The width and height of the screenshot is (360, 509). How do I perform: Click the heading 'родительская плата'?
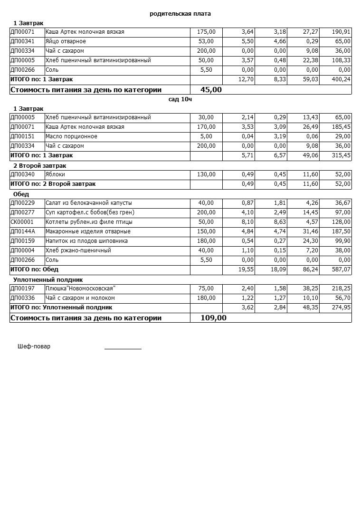coord(180,14)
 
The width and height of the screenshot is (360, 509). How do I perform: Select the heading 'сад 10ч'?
coord(180,99)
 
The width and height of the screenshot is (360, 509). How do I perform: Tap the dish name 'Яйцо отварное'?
coord(66,42)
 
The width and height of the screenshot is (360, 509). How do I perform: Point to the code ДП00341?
coord(22,42)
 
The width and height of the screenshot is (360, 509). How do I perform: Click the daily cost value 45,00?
coord(211,90)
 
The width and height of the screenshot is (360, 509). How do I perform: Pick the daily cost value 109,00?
coord(214,318)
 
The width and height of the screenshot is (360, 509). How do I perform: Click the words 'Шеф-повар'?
coord(34,346)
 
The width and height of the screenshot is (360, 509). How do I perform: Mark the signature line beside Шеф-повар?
coord(123,348)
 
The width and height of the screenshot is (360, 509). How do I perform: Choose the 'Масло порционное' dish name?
coord(71,136)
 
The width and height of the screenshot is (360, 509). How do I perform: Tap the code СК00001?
coord(22,222)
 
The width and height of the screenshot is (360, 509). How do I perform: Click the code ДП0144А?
coord(23,231)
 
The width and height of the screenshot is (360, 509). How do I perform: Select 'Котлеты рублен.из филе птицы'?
coord(89,222)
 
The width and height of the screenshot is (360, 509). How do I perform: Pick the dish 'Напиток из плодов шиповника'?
coord(86,241)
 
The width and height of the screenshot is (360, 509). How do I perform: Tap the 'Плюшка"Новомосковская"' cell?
coord(80,288)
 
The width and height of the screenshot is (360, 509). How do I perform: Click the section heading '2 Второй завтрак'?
coord(39,166)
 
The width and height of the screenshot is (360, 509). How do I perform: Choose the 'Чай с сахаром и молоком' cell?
coord(80,298)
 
